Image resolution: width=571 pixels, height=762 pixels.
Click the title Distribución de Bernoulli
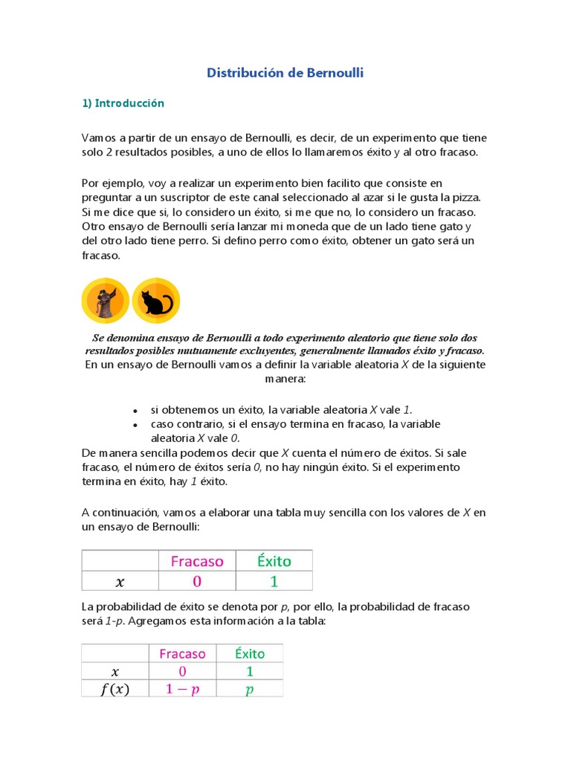click(x=285, y=73)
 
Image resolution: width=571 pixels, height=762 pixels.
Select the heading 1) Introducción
click(x=123, y=103)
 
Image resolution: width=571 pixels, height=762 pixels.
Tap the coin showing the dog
click(x=105, y=301)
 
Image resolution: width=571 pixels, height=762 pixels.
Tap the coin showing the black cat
click(x=156, y=301)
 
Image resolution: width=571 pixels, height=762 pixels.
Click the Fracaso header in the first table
click(x=197, y=560)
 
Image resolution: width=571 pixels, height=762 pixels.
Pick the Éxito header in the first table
click(x=274, y=560)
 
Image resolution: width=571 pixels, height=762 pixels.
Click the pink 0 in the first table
click(x=197, y=580)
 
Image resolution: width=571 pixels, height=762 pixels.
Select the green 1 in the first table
click(x=274, y=580)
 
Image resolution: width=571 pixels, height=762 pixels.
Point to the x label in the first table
click(x=120, y=580)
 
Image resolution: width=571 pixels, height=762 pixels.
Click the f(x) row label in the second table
click(x=114, y=689)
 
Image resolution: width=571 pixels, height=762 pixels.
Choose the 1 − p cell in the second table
click(x=182, y=689)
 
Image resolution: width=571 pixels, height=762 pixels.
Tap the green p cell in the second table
click(x=249, y=689)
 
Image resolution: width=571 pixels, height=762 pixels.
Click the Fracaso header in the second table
click(x=182, y=653)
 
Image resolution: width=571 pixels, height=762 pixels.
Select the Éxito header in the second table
click(x=249, y=653)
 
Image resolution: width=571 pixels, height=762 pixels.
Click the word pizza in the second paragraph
click(x=465, y=196)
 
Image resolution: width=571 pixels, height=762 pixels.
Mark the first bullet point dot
click(x=135, y=411)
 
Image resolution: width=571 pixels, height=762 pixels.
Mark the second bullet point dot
click(x=135, y=425)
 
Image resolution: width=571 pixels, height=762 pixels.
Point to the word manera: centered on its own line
click(x=285, y=378)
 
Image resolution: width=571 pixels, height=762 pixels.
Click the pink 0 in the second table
click(x=182, y=671)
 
